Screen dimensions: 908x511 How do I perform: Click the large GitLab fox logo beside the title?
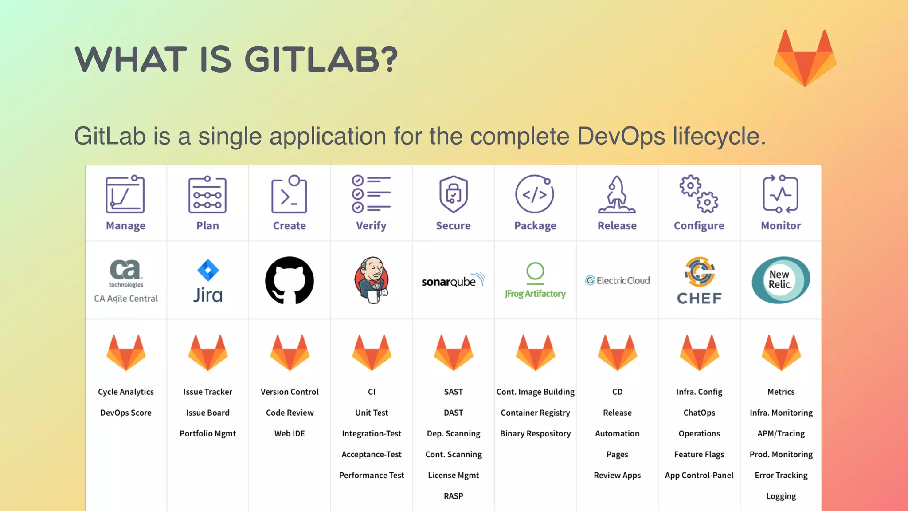(x=805, y=59)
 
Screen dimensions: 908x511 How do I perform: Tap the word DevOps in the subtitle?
(x=621, y=136)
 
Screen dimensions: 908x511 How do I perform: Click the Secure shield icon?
(x=453, y=194)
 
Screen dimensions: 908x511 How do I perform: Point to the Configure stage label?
(x=699, y=226)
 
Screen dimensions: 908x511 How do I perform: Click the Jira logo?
(x=208, y=281)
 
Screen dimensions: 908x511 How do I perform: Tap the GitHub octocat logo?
(x=290, y=280)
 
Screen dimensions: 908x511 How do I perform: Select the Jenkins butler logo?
(x=372, y=280)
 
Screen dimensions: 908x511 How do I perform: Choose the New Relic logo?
(x=781, y=280)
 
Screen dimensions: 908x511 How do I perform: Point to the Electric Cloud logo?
(x=617, y=280)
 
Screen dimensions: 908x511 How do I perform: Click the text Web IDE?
(x=290, y=433)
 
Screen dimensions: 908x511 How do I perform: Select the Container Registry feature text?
(x=535, y=413)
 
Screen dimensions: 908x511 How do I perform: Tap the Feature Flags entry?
(x=699, y=454)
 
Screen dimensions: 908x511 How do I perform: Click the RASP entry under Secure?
(x=453, y=496)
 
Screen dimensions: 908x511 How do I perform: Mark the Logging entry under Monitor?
(x=781, y=496)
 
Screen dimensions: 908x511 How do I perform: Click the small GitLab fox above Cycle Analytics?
(x=126, y=353)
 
